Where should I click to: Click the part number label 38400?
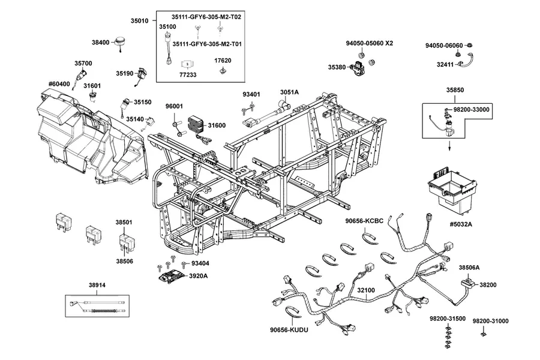[101, 43]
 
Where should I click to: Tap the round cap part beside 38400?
[120, 41]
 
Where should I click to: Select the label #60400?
[59, 84]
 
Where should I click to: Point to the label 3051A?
[289, 92]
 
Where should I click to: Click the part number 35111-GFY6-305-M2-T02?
[206, 17]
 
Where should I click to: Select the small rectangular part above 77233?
[187, 64]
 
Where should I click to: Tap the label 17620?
[223, 61]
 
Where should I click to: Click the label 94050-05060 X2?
[370, 43]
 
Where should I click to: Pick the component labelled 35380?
[358, 67]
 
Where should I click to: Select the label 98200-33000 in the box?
[471, 110]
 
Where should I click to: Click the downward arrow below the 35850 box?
[449, 145]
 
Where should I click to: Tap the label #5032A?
[461, 224]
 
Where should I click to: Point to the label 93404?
[200, 263]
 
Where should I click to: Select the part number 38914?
[97, 285]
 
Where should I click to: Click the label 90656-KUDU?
[289, 329]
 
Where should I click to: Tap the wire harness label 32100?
[366, 290]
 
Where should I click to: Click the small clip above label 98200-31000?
[484, 334]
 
